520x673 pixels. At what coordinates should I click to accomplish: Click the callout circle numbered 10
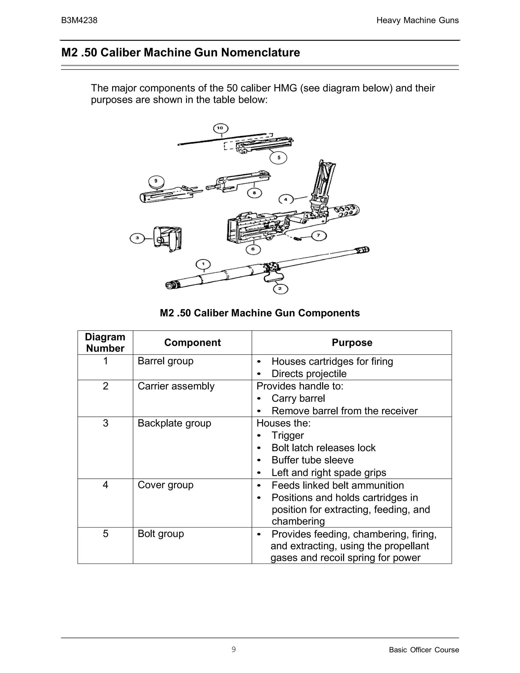[221, 128]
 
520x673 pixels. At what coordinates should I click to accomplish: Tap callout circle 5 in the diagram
[278, 158]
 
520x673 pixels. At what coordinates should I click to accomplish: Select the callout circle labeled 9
[156, 181]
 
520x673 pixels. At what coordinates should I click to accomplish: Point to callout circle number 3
[137, 238]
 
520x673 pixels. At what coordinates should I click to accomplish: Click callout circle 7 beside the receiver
[319, 236]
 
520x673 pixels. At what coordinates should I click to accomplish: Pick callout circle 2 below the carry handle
[280, 289]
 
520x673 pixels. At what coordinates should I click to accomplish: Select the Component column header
[192, 343]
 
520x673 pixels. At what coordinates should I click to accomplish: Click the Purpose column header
[352, 343]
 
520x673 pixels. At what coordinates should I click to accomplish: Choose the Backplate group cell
[174, 423]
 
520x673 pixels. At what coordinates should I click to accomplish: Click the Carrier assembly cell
[176, 386]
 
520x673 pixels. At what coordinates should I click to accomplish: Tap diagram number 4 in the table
[105, 485]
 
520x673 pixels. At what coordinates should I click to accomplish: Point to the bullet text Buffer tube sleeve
[312, 460]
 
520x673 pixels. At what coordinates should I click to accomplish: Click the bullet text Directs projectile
[309, 374]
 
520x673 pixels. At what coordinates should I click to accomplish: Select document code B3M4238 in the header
[79, 20]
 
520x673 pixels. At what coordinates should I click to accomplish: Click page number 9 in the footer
[234, 650]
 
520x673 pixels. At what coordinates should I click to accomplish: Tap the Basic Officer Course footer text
[424, 650]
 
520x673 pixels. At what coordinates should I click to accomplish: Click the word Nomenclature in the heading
[260, 53]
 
